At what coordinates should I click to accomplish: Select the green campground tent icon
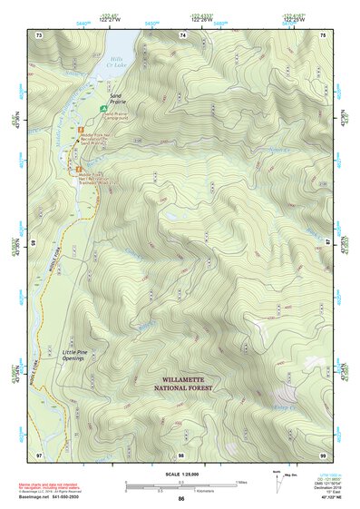(102, 108)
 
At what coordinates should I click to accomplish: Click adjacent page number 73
(39, 34)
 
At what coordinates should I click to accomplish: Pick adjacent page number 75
(324, 34)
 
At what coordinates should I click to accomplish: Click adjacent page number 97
(39, 454)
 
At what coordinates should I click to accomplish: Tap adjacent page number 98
(182, 454)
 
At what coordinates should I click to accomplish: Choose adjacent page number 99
(324, 454)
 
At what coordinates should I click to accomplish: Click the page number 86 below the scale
(181, 498)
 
